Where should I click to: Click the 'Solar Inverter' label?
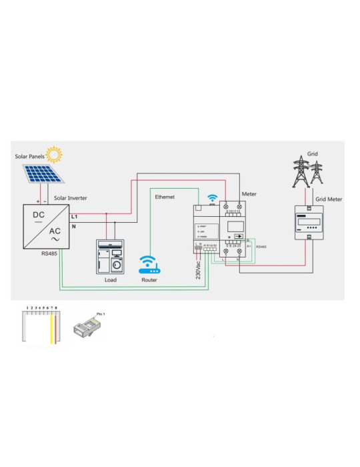[70, 198]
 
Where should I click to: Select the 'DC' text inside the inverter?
[39, 215]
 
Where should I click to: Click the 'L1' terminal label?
[74, 217]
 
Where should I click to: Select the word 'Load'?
[110, 280]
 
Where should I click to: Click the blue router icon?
[148, 266]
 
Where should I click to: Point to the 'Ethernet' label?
[165, 197]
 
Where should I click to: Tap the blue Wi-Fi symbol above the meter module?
[213, 198]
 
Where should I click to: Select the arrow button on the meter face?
[237, 236]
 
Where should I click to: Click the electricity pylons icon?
[307, 171]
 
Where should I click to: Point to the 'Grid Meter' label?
[329, 199]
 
